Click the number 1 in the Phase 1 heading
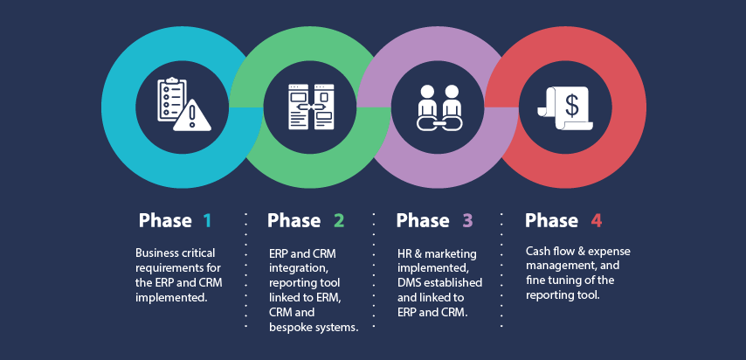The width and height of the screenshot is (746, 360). tap(207, 221)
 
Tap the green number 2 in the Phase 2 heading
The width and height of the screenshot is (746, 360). tap(337, 221)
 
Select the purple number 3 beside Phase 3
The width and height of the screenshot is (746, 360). tap(466, 221)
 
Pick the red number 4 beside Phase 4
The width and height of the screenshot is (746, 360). tap(596, 221)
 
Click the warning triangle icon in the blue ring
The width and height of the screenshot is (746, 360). tap(190, 117)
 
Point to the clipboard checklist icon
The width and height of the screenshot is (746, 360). tap(171, 100)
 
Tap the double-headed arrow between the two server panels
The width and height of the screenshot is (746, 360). tap(312, 107)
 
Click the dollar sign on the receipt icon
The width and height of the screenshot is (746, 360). tap(571, 105)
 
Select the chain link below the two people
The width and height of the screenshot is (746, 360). tap(439, 125)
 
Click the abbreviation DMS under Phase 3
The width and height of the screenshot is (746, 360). tap(411, 282)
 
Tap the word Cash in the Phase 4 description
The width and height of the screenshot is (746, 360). tap(539, 251)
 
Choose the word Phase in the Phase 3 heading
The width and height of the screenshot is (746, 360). tap(422, 221)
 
